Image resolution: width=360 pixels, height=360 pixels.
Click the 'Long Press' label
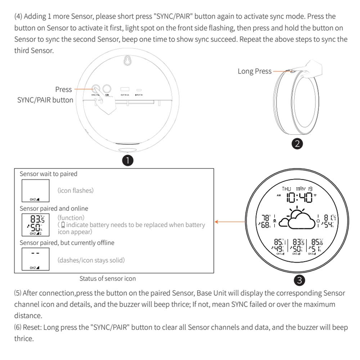click(255, 71)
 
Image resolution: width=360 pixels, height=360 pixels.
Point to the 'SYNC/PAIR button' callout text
click(45, 100)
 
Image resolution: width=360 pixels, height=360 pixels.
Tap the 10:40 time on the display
click(300, 197)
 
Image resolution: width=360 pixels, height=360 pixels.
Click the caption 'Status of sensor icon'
click(108, 278)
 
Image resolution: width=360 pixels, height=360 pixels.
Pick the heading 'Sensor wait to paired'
click(49, 174)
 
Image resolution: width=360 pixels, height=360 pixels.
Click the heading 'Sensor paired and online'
click(54, 208)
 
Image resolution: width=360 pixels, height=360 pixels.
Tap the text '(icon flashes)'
click(75, 190)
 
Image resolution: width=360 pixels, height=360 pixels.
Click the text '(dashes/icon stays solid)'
click(91, 260)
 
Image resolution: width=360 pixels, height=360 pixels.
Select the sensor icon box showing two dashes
click(35, 259)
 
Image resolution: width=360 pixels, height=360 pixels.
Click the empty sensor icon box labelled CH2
click(35, 190)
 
